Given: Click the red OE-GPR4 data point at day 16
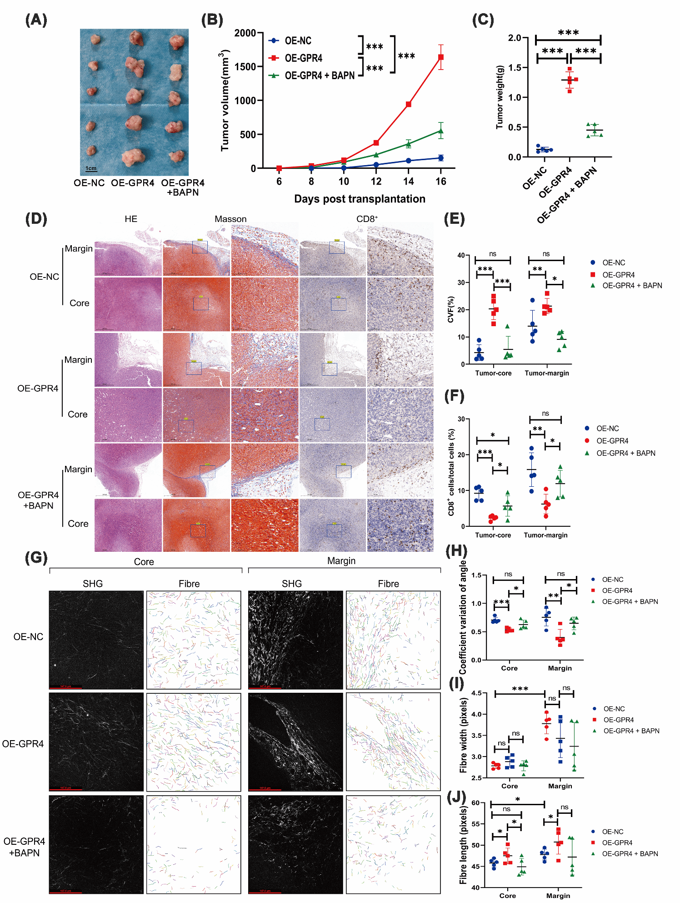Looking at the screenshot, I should tap(440, 57).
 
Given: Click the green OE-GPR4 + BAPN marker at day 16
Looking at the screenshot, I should tap(440, 131).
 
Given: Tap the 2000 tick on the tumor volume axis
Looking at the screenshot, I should tap(245, 33).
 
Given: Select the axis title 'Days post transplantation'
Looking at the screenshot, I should tap(360, 199).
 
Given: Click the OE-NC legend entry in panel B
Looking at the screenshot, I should tap(298, 41).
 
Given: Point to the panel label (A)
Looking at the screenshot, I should tap(36, 20).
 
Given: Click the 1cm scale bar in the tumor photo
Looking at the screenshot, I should tap(91, 169).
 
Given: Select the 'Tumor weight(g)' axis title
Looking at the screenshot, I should tap(500, 97).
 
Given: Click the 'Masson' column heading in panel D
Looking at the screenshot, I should tap(230, 219).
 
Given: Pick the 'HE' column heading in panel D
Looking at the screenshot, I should tap(131, 219).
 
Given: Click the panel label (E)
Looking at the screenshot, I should tap(455, 219).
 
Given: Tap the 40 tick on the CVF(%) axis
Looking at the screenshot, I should tap(461, 256).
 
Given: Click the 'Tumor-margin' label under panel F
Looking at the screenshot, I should tap(545, 535).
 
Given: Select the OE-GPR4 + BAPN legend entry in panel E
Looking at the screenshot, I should tap(632, 286).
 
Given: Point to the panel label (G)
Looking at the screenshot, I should tap(36, 558).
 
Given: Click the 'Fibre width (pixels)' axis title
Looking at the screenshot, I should tap(463, 735).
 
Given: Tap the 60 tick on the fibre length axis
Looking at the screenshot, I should tap(475, 803).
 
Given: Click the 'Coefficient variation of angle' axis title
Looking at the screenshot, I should tap(463, 618).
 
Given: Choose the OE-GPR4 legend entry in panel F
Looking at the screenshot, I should tap(612, 441).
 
